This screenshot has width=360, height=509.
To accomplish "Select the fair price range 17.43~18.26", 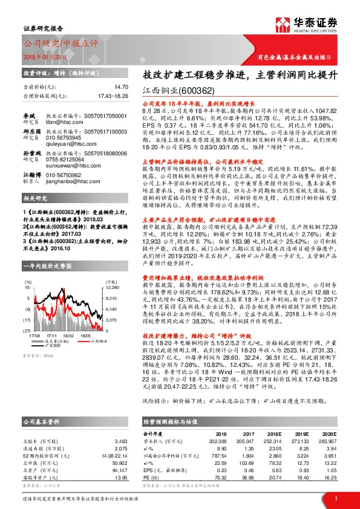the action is [112, 96].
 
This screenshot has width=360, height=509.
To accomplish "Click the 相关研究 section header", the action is [36, 198].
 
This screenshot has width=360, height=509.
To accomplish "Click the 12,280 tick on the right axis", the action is [113, 290].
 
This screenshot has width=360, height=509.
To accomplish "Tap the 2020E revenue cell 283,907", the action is [326, 441].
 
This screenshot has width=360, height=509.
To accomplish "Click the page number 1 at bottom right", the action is [336, 497].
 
